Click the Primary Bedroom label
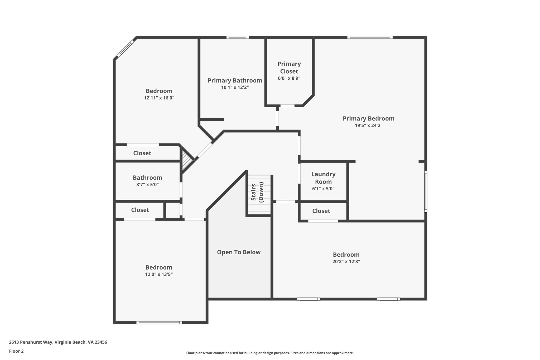[369, 119]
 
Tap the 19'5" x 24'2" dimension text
[369, 126]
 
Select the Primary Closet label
[289, 68]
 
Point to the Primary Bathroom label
[235, 80]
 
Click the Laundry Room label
[324, 178]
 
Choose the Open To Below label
[239, 252]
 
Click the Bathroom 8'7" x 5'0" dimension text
[148, 185]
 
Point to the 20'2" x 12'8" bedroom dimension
[346, 262]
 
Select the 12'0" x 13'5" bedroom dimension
[159, 274]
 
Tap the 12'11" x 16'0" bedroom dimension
[159, 98]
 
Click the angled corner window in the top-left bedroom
[125, 48]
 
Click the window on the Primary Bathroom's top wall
[238, 37]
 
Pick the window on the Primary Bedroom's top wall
[370, 37]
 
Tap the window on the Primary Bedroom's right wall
[426, 191]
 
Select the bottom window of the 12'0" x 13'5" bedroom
[159, 322]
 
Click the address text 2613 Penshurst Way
[31, 342]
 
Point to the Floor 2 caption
[16, 351]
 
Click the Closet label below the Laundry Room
[321, 211]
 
